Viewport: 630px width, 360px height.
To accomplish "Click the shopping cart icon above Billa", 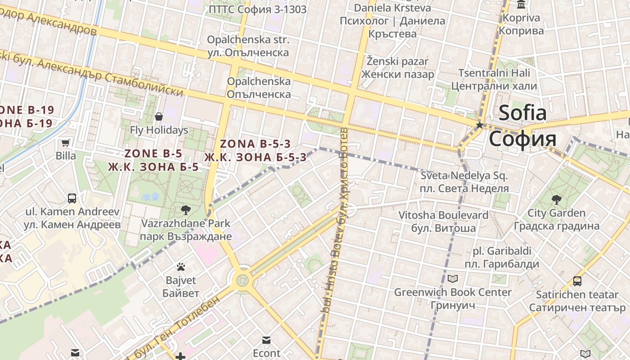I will tap(65, 143).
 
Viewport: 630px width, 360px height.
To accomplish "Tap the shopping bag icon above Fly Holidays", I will tap(158, 117).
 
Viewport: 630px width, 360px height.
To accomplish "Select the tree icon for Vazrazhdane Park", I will tap(185, 210).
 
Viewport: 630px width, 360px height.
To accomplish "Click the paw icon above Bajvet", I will tap(181, 267).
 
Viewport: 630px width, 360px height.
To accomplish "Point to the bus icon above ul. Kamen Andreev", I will tap(72, 198).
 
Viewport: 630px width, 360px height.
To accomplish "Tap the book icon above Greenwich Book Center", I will tap(452, 279).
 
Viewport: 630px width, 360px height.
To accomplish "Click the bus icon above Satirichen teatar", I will tap(577, 281).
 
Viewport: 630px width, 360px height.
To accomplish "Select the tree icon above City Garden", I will tap(556, 199).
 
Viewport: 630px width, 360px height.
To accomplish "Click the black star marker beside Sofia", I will tap(480, 125).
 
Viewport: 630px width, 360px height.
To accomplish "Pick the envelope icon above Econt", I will tap(266, 340).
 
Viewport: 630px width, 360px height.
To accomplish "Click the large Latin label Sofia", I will tap(522, 112).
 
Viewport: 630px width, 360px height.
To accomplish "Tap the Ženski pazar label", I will tap(397, 61).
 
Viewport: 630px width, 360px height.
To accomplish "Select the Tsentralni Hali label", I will tap(494, 73).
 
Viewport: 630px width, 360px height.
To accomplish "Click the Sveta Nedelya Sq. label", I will tap(464, 175).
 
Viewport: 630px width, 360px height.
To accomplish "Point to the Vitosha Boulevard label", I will tap(443, 215).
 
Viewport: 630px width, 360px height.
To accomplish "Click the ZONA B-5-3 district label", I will tap(255, 144).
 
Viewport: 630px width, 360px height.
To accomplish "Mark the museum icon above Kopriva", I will tap(521, 5).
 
